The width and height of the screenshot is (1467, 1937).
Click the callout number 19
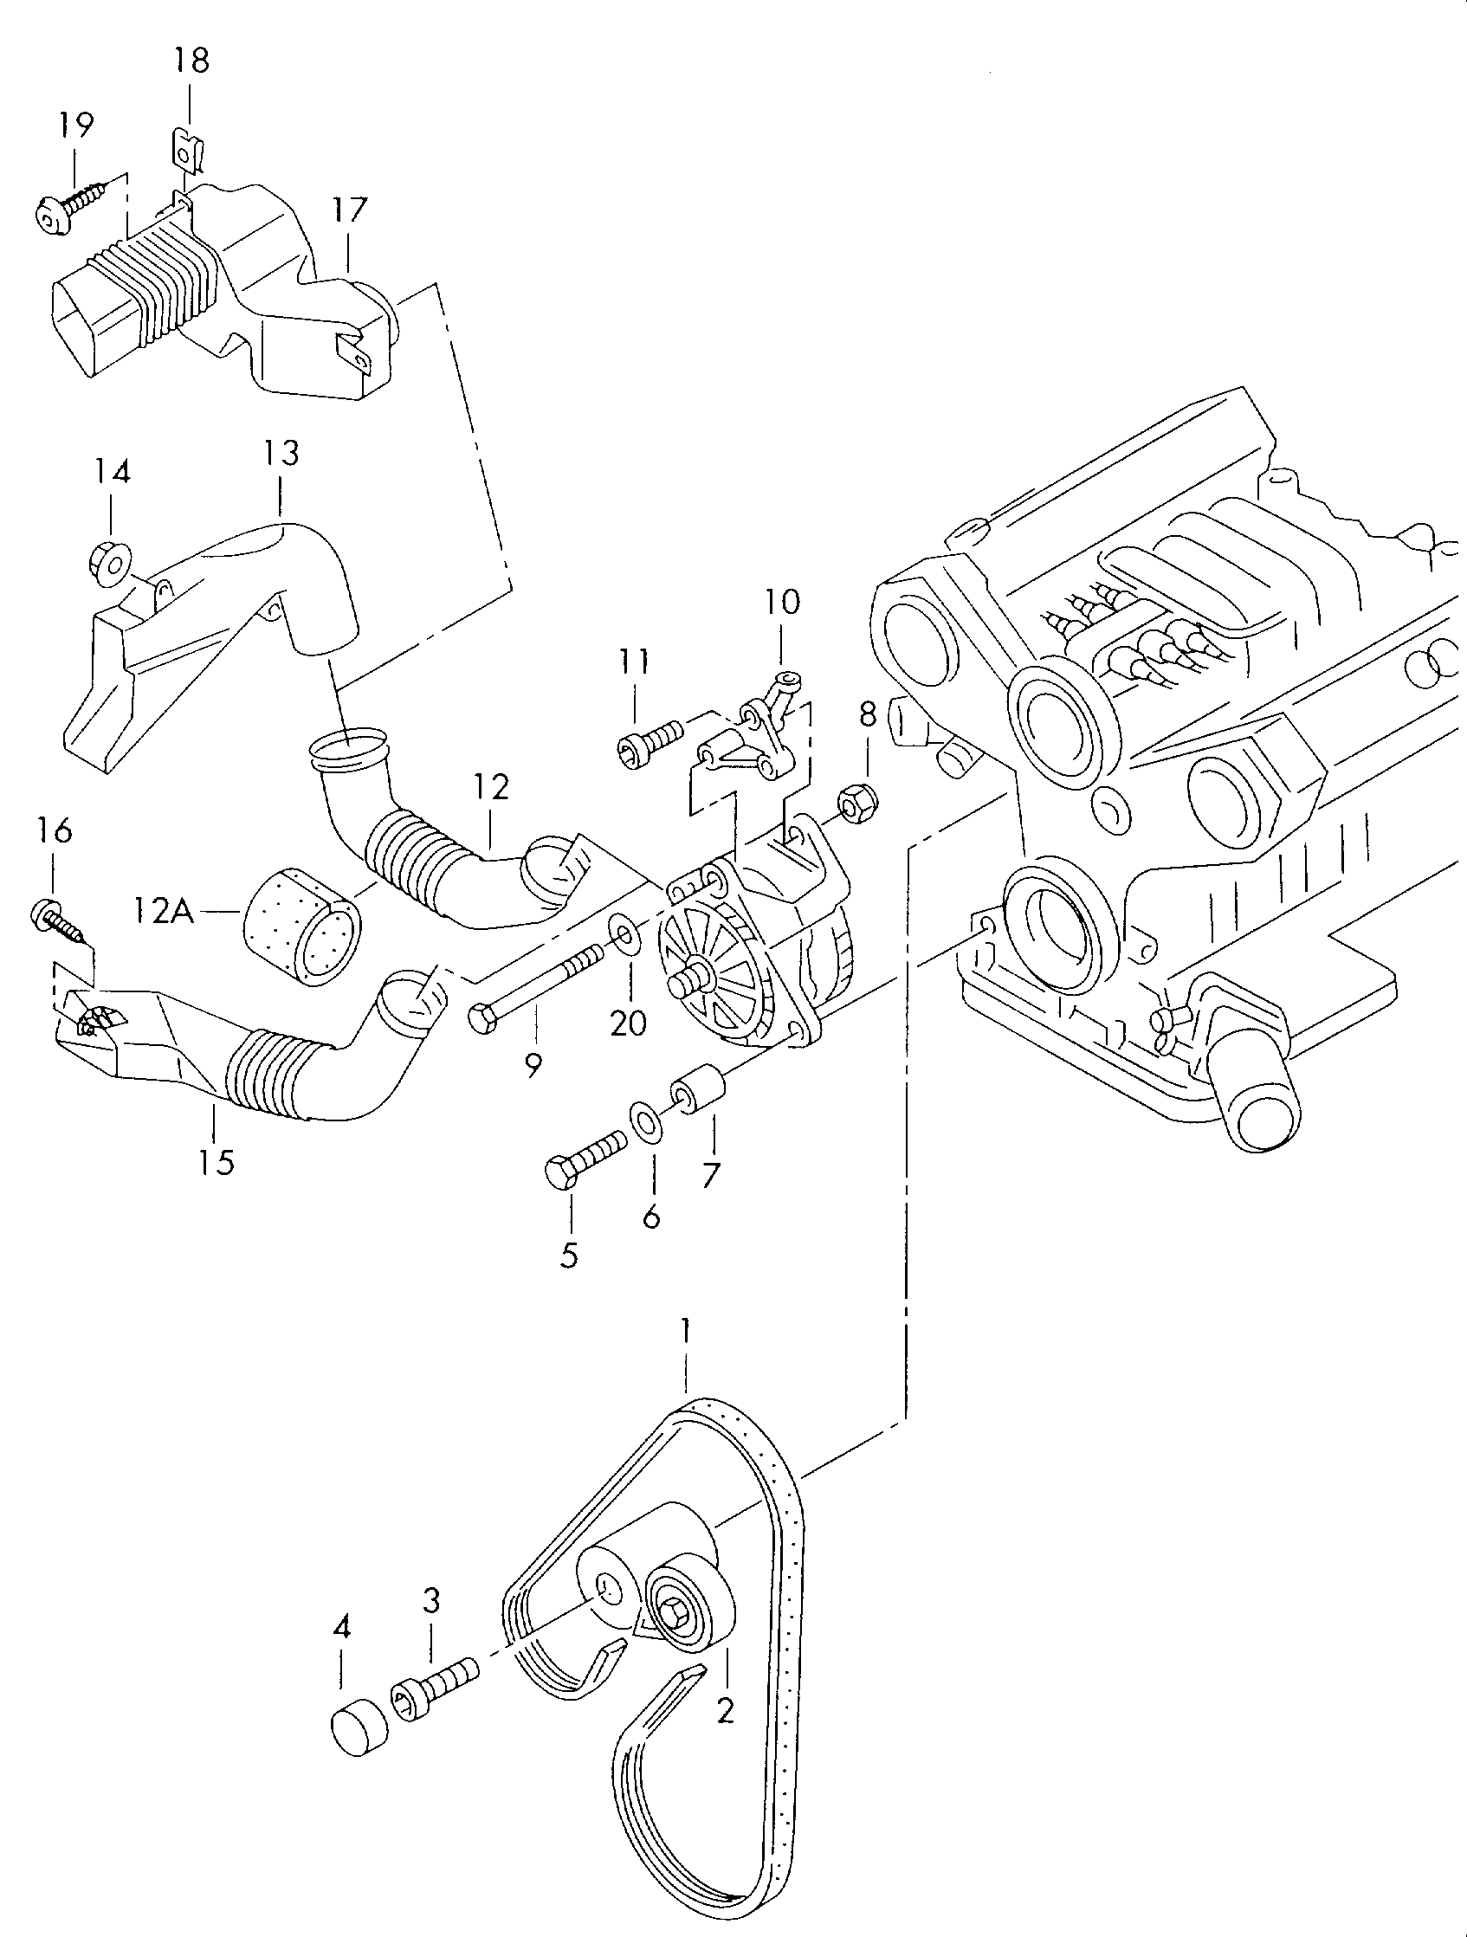coord(76,126)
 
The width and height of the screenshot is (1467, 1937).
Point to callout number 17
coord(350,212)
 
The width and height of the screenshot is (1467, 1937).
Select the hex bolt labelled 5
coord(585,1157)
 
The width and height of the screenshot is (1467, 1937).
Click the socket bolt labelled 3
coord(438,1688)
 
